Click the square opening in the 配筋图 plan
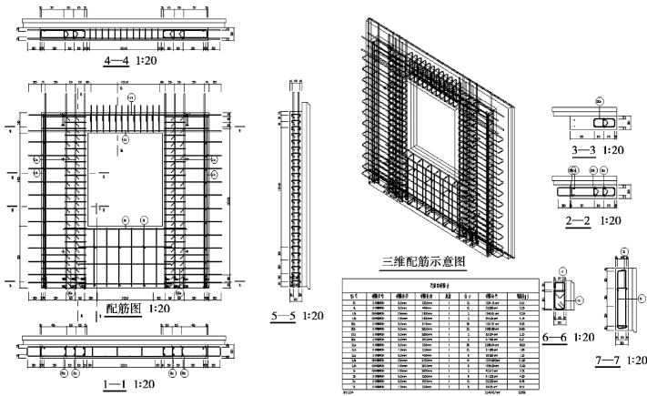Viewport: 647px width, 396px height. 125,178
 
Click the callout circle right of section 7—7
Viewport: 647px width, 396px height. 640,296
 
